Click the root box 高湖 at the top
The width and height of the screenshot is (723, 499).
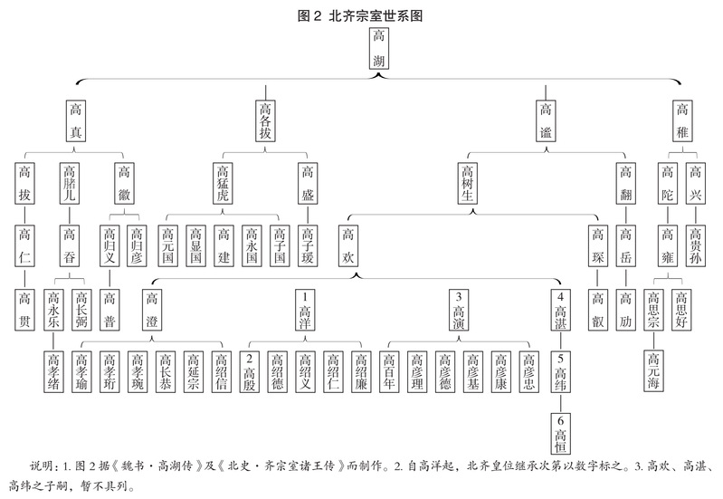380,50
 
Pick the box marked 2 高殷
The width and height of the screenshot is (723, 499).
251,370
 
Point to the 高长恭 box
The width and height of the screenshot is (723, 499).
166,370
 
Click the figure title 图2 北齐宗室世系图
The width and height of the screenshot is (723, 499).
361,14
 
